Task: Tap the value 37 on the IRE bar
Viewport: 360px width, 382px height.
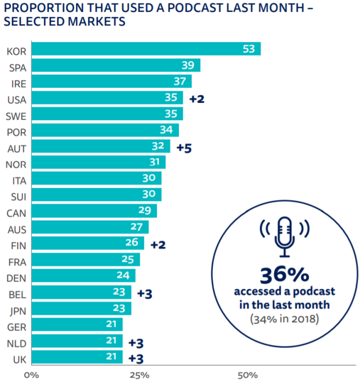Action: click(x=179, y=82)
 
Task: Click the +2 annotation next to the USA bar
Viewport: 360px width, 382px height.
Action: click(x=196, y=99)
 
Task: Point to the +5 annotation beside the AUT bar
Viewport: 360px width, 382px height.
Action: click(x=184, y=148)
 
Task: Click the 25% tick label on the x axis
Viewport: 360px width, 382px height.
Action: click(x=139, y=373)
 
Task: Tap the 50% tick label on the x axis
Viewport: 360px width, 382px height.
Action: click(x=247, y=373)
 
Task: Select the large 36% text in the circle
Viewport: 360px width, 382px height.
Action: click(x=284, y=275)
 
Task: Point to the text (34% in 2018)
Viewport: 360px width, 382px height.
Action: click(x=284, y=319)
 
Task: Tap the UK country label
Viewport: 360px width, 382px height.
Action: click(x=15, y=358)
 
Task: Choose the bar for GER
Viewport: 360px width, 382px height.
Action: click(x=76, y=325)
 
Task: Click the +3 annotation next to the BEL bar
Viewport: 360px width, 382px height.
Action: click(x=145, y=293)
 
